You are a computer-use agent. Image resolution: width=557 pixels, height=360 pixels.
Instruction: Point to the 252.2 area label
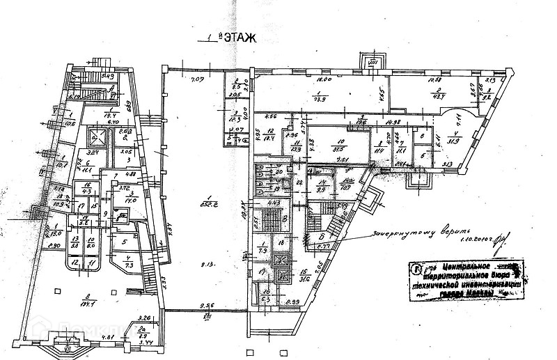[x=207, y=203]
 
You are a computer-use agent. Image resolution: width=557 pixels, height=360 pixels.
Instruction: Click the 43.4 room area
[x=439, y=96]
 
